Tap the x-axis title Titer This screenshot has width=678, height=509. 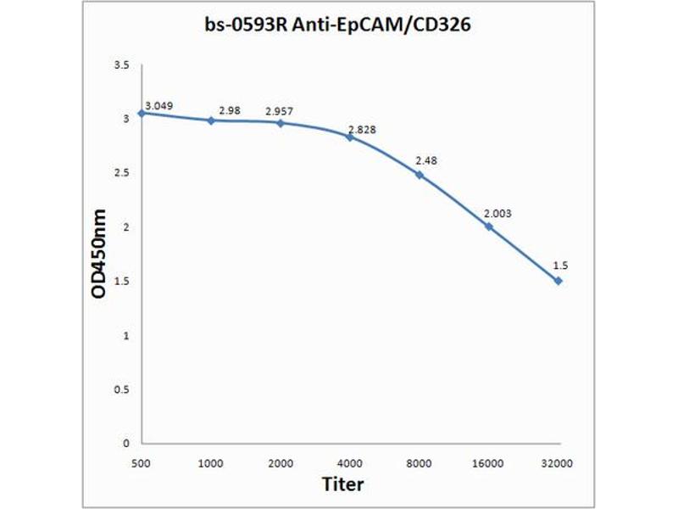[343, 484]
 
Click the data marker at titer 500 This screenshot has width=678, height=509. [142, 113]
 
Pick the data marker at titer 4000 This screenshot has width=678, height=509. [350, 137]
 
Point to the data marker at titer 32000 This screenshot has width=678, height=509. [558, 280]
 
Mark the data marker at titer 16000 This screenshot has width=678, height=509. [489, 227]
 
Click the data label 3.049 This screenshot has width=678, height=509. [159, 106]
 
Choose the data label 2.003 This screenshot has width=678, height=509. [497, 213]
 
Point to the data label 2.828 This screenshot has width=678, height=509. [362, 129]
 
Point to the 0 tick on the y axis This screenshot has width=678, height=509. [125, 443]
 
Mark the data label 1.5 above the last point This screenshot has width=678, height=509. [559, 266]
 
